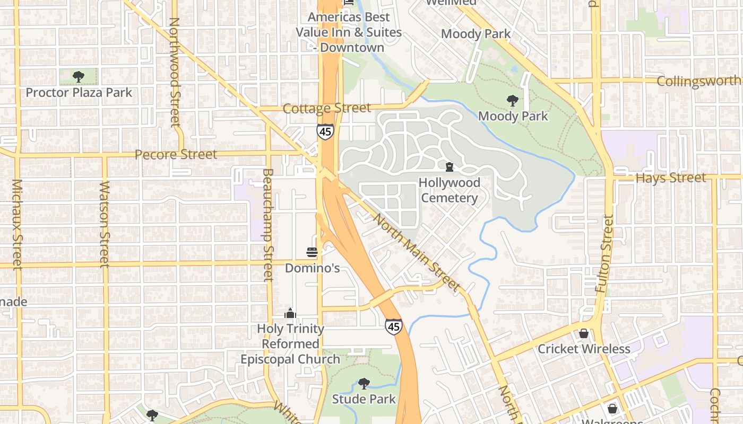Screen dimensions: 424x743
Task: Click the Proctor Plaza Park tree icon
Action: point(79,77)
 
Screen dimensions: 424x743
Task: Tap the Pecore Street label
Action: point(176,154)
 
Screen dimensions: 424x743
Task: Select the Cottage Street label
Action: point(326,108)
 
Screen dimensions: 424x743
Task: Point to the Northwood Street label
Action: point(175,72)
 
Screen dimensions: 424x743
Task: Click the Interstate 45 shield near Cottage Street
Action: point(325,131)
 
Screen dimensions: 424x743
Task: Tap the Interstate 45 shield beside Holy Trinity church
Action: point(393,326)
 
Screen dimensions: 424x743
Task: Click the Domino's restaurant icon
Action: point(312,252)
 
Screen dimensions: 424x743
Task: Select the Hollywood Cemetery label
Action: point(449,190)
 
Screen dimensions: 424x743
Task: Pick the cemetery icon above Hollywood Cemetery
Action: point(450,167)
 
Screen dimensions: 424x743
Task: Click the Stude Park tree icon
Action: point(364,383)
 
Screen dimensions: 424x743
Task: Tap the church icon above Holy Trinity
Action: point(290,313)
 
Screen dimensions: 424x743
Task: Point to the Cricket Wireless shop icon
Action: point(584,333)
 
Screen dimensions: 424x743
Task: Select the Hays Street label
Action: point(671,178)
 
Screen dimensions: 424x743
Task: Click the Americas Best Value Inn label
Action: point(349,32)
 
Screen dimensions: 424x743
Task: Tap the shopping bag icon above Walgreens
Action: point(612,409)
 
